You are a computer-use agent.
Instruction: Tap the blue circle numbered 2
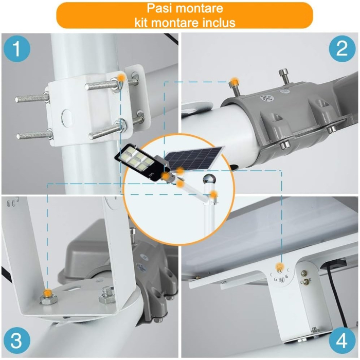[342, 50]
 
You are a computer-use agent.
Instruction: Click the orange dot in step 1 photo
[120, 77]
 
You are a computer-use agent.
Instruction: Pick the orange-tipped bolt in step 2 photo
[234, 82]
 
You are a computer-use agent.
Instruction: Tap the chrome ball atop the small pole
[208, 179]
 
